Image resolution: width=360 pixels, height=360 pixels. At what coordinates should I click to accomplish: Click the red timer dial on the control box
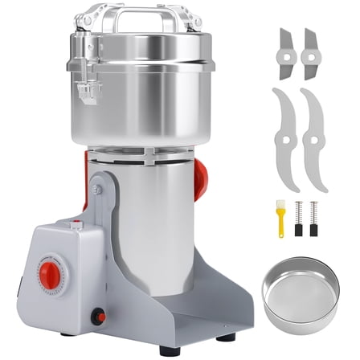click(x=55, y=274)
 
